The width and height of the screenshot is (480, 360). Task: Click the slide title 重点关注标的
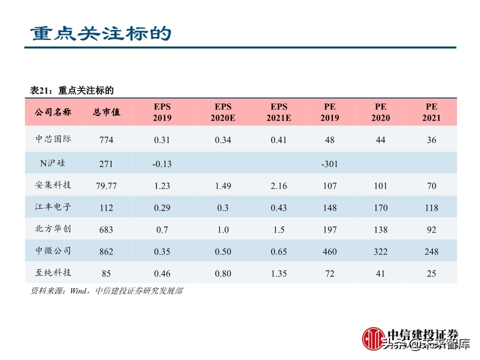coord(100,33)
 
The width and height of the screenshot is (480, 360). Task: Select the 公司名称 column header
coord(53,112)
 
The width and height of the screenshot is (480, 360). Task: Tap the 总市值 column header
coord(106,112)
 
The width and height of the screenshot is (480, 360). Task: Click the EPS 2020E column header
coord(223,112)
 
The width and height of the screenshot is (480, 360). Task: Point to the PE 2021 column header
coord(431,112)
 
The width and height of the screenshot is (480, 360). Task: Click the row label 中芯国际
coord(53,139)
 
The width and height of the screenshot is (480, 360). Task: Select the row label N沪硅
coord(53,163)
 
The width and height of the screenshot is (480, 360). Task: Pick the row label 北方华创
coord(53,229)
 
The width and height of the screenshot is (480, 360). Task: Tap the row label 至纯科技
coord(53,273)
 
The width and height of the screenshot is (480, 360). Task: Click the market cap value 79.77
coord(106,185)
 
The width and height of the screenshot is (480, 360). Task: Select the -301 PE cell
coord(329,163)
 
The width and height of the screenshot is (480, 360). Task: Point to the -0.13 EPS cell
coord(162,163)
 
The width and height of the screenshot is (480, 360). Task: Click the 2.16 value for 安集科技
coord(278,185)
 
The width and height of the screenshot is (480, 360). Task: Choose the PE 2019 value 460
coord(329,251)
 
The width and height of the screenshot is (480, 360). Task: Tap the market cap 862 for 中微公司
coord(106,251)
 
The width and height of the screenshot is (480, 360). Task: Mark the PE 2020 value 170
coord(380,207)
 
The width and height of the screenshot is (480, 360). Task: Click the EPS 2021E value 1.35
coord(278,273)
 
